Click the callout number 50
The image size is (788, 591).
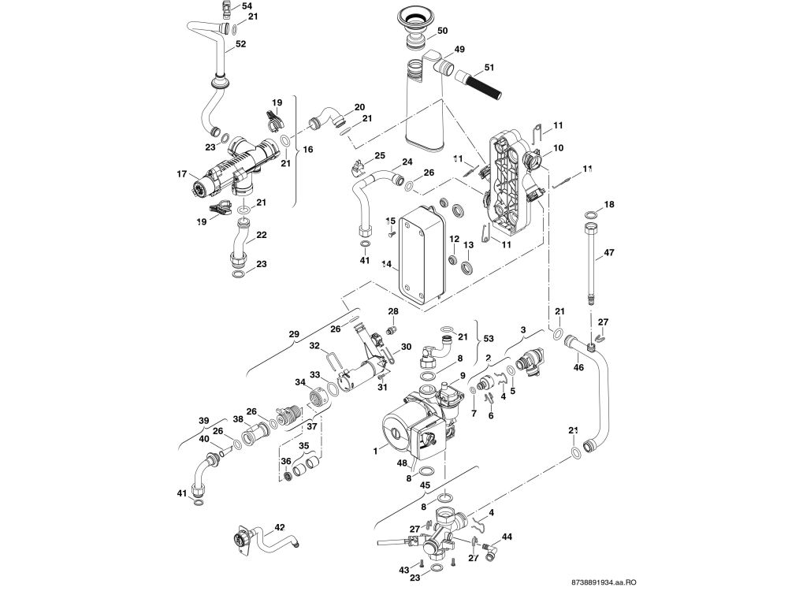[x=464, y=30]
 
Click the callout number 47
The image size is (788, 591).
[x=608, y=253]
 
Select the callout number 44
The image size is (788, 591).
[x=507, y=536]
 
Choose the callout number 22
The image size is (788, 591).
[x=261, y=235]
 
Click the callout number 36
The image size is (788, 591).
[x=285, y=462]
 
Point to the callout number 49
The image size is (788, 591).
[x=459, y=48]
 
